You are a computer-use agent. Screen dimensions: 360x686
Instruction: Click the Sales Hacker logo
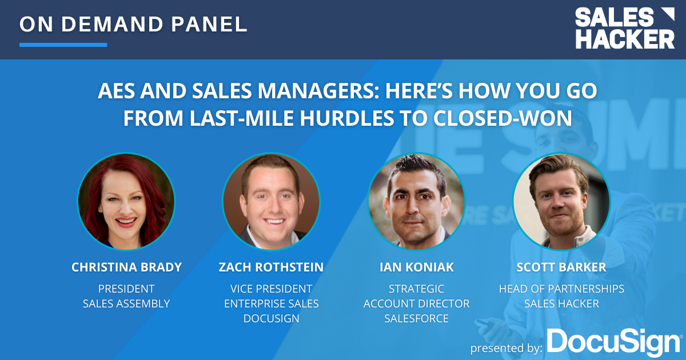pos(624,28)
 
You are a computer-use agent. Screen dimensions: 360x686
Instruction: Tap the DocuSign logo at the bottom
pos(613,342)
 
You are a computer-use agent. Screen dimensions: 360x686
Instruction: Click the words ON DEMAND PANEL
pos(134,24)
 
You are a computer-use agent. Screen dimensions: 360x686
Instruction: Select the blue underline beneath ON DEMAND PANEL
pos(63,45)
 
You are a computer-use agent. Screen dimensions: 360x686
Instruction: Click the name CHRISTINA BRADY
pos(126,267)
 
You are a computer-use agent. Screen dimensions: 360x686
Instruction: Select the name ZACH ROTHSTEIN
pos(271,267)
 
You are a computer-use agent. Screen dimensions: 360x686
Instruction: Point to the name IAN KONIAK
pos(416,267)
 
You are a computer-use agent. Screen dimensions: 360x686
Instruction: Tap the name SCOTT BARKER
pos(561,267)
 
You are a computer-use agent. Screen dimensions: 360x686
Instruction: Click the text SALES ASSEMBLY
pos(126,303)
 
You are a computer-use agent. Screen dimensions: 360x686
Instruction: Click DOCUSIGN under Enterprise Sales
pos(271,318)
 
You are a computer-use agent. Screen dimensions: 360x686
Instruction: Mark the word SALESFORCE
pos(416,318)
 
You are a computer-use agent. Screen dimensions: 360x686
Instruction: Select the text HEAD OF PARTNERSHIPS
pos(561,289)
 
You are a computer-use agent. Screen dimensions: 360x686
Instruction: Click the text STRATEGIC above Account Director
pos(416,289)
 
